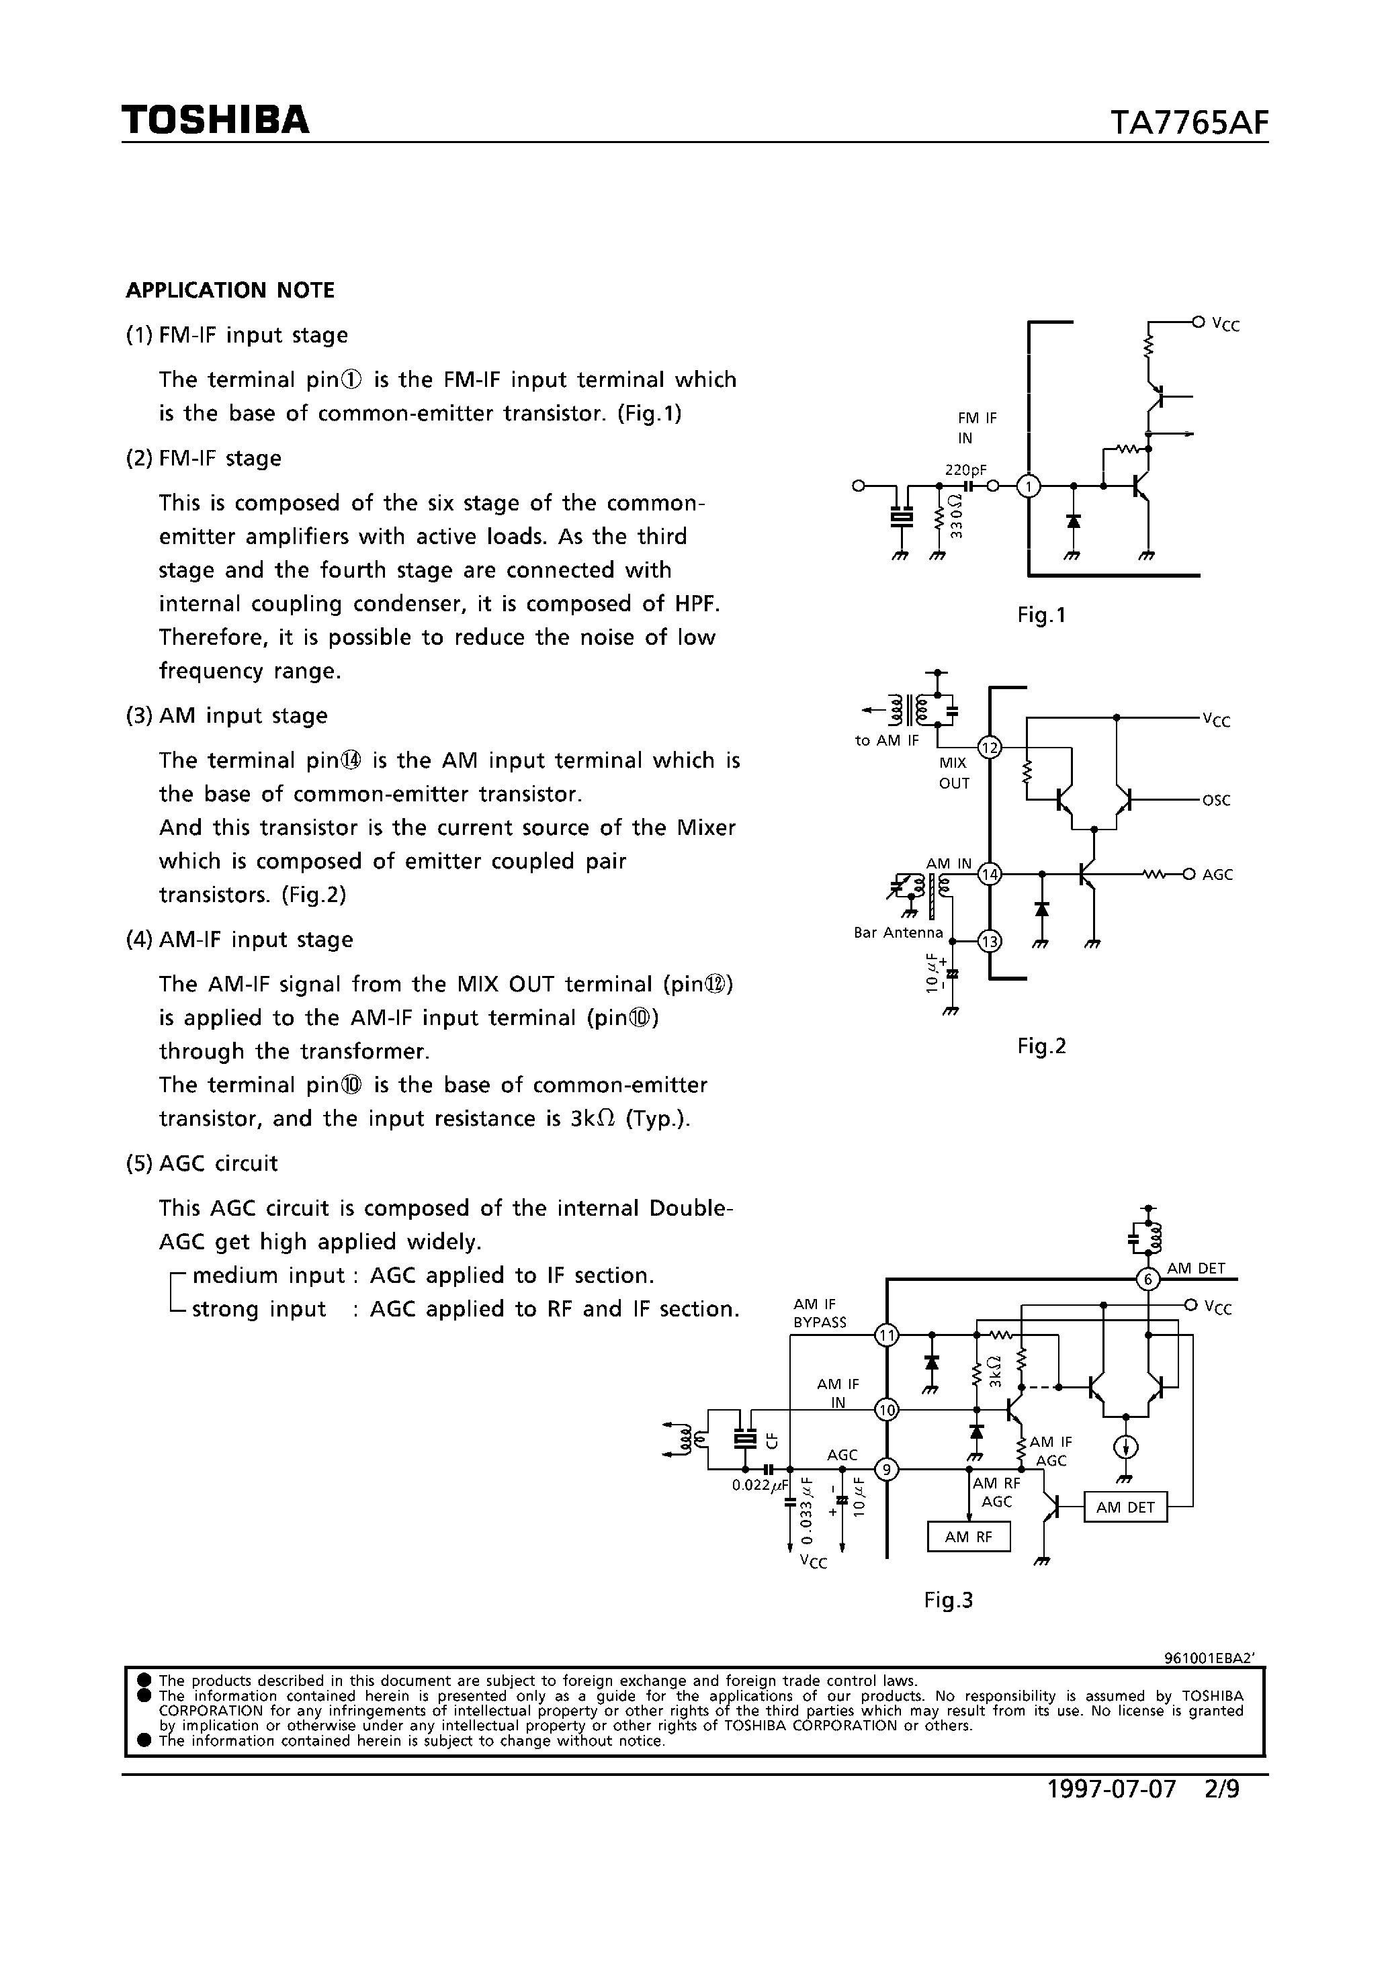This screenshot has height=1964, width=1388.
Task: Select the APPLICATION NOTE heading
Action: click(230, 291)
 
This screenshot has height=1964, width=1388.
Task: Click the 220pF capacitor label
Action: click(965, 470)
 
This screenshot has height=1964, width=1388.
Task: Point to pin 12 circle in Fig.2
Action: click(990, 748)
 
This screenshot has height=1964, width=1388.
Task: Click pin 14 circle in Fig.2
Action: click(990, 875)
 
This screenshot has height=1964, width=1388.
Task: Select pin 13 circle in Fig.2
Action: click(990, 942)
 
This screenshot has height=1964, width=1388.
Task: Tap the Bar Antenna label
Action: click(898, 932)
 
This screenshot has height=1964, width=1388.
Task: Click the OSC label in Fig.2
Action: click(1216, 801)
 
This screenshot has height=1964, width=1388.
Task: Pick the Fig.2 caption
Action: click(1041, 1046)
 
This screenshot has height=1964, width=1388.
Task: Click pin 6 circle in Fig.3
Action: click(1147, 1279)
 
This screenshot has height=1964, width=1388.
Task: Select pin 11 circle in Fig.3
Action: click(887, 1335)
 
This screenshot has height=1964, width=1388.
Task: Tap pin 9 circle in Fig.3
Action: click(887, 1470)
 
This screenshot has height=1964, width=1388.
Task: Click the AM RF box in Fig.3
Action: click(969, 1537)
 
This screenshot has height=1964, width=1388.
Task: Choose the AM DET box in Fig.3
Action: click(1125, 1507)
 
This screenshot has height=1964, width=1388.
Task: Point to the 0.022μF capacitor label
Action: click(758, 1486)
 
